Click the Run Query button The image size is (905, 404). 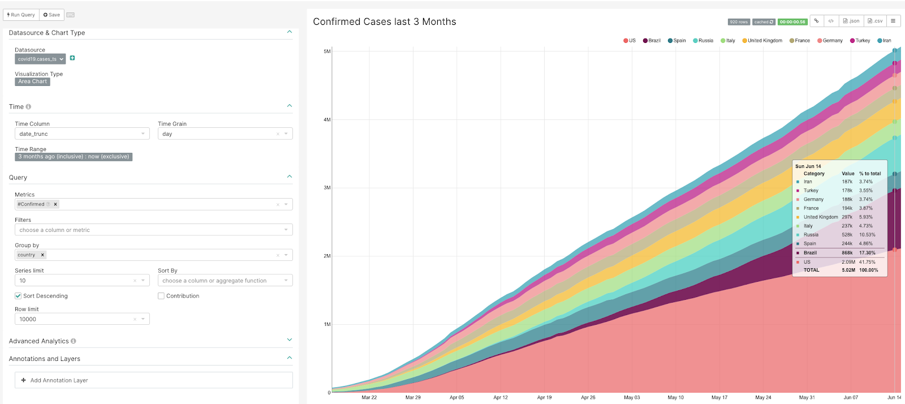pos(21,15)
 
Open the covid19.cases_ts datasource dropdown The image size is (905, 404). pos(40,59)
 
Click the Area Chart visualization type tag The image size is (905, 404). pos(32,81)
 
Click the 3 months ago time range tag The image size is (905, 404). pos(74,157)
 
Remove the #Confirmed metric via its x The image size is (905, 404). pos(55,204)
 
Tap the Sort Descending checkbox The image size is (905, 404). pos(18,296)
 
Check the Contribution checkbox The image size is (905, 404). pos(161,296)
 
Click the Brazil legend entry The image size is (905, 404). pos(652,41)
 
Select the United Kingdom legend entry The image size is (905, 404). pos(762,41)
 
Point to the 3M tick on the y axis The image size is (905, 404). pos(327,188)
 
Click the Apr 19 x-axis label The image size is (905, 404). pos(544,397)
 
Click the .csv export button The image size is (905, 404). pos(875,21)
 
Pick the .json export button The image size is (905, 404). pos(851,21)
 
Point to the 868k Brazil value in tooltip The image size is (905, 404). pos(847,253)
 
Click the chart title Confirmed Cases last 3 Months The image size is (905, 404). pos(384,22)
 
